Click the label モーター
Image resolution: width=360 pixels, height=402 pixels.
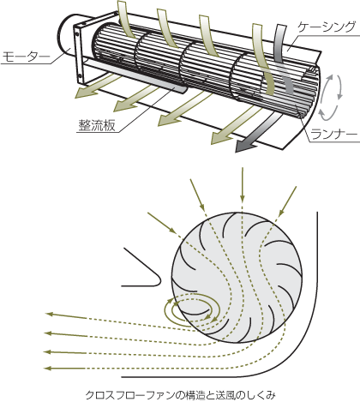(26, 57)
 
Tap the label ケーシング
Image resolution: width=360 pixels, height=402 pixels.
(326, 27)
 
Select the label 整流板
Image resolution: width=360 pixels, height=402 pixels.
(97, 125)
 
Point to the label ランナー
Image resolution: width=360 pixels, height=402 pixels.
(334, 134)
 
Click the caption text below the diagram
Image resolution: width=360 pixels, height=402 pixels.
(181, 395)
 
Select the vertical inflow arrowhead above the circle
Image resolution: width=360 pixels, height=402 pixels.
(243, 198)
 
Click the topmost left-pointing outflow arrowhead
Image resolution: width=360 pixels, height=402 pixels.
(49, 314)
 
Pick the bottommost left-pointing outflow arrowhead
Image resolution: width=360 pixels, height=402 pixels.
(49, 369)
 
